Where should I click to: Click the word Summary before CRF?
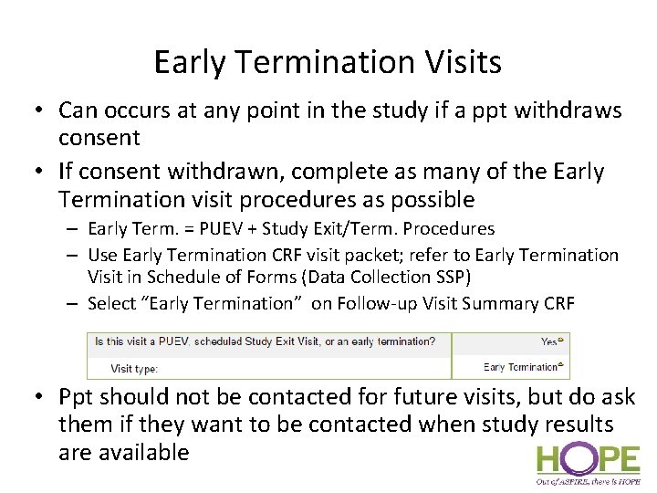point(507,303)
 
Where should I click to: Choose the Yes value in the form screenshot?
point(549,341)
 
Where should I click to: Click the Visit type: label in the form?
point(134,368)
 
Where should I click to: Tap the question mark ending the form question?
point(433,341)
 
